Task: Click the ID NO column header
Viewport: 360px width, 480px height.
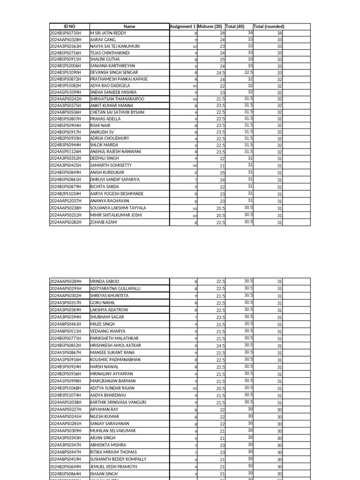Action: [69, 27]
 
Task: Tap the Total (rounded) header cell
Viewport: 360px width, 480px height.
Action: [269, 27]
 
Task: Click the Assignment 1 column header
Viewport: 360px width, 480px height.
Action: [183, 27]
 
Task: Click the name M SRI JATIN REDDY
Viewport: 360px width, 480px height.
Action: [108, 33]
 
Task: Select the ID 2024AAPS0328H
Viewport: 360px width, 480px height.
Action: [65, 40]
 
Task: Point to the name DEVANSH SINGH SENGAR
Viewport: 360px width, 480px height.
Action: [114, 73]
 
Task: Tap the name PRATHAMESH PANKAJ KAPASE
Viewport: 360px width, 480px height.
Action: [119, 79]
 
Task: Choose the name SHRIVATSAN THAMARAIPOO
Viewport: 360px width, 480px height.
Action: [117, 99]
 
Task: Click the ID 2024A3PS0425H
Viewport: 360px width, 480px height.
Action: [65, 165]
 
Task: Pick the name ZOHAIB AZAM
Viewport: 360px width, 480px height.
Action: [103, 222]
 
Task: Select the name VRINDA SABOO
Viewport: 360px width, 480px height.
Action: [105, 281]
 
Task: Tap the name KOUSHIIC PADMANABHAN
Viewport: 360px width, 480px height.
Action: [115, 360]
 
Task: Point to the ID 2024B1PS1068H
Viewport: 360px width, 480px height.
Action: [65, 388]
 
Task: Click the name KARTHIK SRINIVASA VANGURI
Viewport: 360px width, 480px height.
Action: [118, 402]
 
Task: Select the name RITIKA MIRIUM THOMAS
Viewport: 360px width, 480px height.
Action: [113, 452]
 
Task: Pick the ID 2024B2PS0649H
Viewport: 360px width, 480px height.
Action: [65, 467]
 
